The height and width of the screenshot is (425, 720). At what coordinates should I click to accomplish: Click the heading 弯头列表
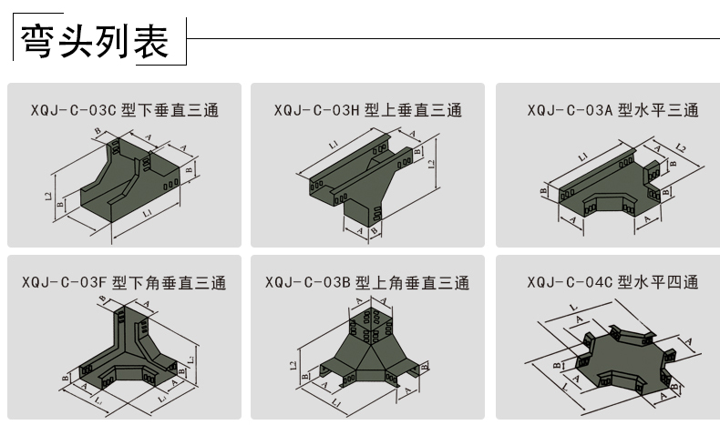coord(96,41)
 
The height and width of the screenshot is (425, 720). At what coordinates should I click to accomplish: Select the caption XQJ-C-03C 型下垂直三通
coord(125,111)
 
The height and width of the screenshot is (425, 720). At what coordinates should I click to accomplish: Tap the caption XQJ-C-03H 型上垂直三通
coord(368,111)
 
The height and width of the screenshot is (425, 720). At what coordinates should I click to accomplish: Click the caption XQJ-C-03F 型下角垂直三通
coord(125,283)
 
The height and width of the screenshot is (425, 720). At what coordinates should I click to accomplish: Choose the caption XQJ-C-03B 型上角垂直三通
coord(368,283)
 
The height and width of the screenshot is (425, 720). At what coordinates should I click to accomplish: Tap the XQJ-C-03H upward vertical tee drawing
coord(365,182)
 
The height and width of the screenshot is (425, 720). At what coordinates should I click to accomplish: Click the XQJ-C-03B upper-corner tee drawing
coord(365,350)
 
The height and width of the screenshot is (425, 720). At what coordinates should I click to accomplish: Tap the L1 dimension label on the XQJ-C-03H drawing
coord(334,144)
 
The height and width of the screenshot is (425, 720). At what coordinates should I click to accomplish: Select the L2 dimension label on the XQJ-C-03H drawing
coord(431,164)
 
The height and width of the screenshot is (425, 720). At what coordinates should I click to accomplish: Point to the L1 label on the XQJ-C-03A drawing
coord(583,155)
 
